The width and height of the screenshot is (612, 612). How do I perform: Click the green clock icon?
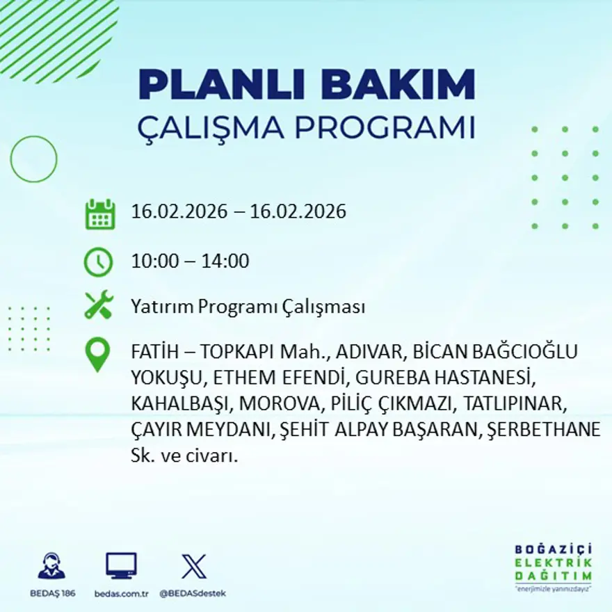click(98, 262)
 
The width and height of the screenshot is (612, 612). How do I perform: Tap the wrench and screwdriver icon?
click(98, 305)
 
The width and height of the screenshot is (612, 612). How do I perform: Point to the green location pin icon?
click(97, 354)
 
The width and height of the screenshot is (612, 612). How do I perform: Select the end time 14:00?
click(225, 261)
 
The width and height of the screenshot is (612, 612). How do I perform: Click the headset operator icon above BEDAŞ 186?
click(51, 566)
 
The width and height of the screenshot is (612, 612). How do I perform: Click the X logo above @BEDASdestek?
click(193, 566)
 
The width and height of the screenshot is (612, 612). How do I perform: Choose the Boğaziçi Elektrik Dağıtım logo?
click(553, 564)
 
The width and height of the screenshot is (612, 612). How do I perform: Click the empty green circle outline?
click(33, 159)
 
